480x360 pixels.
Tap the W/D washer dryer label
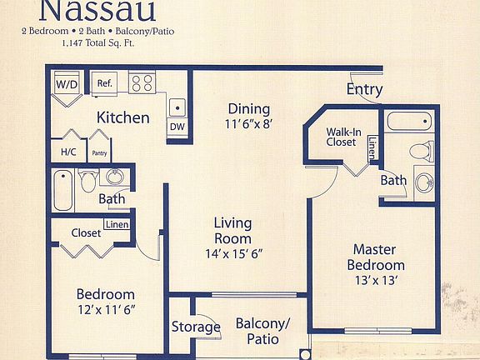point(65,84)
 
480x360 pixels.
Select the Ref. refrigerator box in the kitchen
point(105,83)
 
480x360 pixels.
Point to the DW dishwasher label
point(177,127)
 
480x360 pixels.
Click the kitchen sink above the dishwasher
point(177,107)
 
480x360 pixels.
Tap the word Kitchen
point(122,117)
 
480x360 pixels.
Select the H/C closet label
point(67,152)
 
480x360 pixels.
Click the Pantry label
point(100,153)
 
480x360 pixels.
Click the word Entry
point(364,89)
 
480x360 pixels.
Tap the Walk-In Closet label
point(342,137)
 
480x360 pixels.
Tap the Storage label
point(196,327)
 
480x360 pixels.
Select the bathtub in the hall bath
point(62,191)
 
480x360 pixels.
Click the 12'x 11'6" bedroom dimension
point(106,310)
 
